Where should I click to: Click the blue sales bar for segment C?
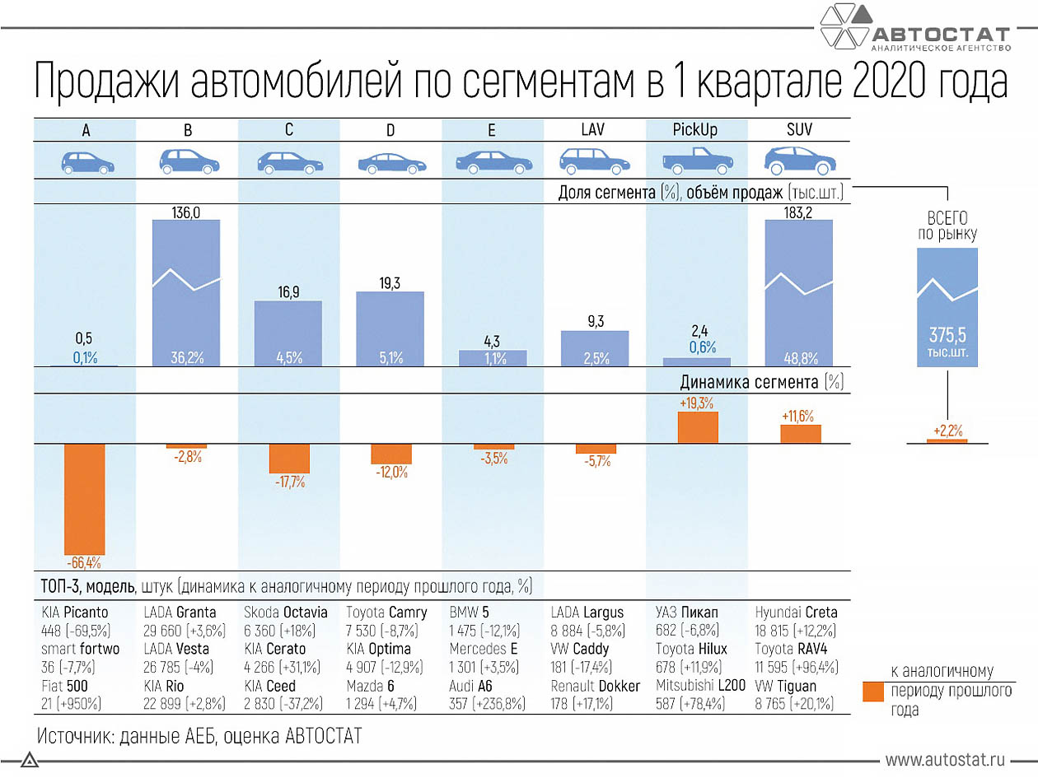[x=288, y=333]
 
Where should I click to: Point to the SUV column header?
[x=798, y=129]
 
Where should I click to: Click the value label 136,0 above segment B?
[x=186, y=212]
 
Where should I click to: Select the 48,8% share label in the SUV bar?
[x=799, y=358]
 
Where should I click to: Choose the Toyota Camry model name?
[x=386, y=613]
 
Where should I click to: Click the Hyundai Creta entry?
[x=796, y=613]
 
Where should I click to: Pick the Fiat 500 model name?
[x=65, y=686]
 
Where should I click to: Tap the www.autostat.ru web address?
[x=946, y=759]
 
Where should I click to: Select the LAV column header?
[x=594, y=129]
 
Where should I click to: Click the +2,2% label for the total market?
[x=947, y=431]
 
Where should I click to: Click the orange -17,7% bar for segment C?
[x=288, y=459]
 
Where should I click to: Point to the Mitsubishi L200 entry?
[x=700, y=686]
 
